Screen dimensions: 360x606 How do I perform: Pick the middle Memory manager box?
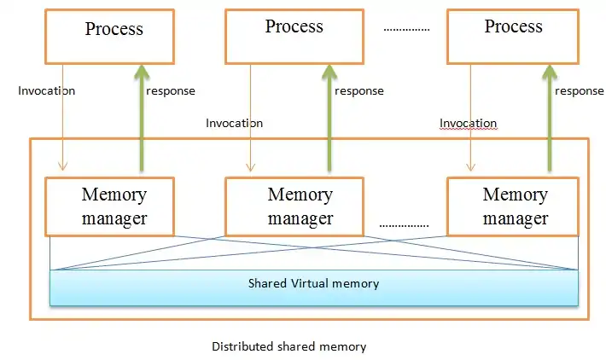294,206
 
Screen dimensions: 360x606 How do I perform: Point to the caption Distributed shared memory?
289,346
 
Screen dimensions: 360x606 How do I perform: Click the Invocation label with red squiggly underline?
468,124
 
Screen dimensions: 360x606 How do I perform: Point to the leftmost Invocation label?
46,90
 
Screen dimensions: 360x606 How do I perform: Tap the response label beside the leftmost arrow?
171,90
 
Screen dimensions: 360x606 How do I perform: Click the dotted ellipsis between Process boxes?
406,29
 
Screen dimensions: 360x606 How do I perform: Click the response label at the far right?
580,91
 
